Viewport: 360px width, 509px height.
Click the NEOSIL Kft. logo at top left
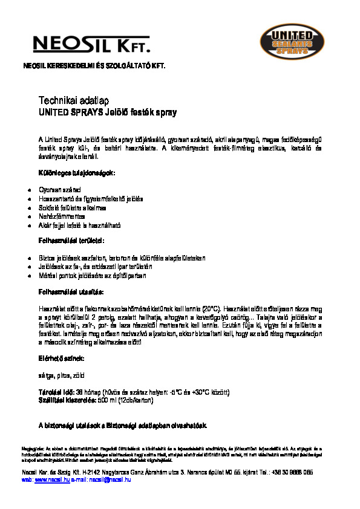[x=91, y=43]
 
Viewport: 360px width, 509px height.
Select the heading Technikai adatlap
[x=73, y=100]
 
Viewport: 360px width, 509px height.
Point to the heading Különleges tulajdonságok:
[x=76, y=173]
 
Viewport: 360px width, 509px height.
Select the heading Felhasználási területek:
[x=75, y=241]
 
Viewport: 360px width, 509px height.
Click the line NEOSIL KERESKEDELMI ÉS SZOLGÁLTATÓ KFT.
[x=93, y=64]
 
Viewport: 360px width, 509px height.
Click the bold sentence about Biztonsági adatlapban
[x=123, y=426]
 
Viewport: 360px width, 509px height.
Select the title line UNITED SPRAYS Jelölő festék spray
[x=107, y=112]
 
